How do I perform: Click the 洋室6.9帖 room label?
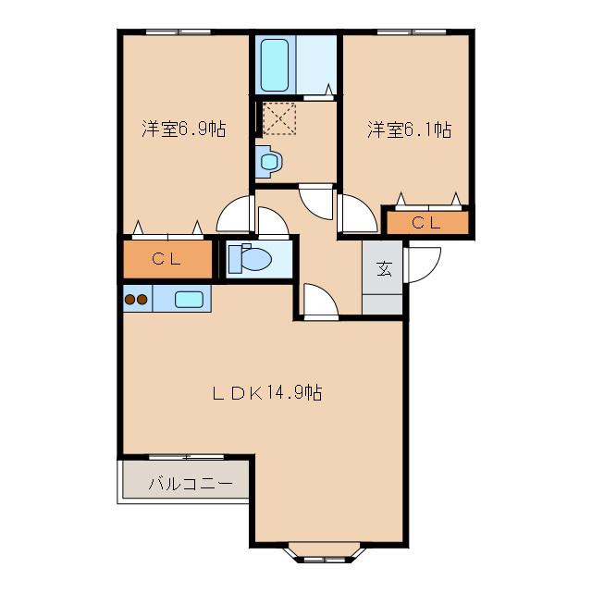[184, 129]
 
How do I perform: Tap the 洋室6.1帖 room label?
[409, 129]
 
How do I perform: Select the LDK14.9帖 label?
[267, 392]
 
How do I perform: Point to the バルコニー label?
[190, 484]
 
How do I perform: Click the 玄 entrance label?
[384, 269]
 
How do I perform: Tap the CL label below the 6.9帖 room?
[166, 259]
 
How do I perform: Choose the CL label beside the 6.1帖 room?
[426, 223]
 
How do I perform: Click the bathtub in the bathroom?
[275, 66]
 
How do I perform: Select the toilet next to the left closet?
[251, 258]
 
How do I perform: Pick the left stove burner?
[129, 300]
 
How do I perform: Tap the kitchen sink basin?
[189, 300]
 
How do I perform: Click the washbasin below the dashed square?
[269, 162]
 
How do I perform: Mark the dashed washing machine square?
[279, 118]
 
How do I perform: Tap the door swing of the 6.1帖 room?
[358, 213]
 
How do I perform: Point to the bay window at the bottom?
[325, 553]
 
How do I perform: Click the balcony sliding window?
[187, 457]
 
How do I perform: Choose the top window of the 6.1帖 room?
[412, 32]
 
